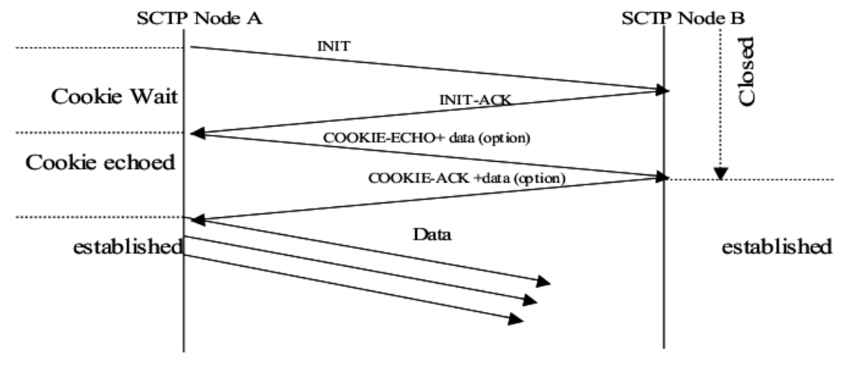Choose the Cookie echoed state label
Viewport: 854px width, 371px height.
pos(101,163)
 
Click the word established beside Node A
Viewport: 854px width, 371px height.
pos(127,247)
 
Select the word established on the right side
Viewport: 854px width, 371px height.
pos(776,247)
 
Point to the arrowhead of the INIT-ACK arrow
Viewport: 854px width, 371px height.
pos(196,134)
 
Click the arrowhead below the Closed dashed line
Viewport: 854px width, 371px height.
pos(720,174)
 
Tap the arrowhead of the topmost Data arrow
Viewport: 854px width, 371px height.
pos(545,282)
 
